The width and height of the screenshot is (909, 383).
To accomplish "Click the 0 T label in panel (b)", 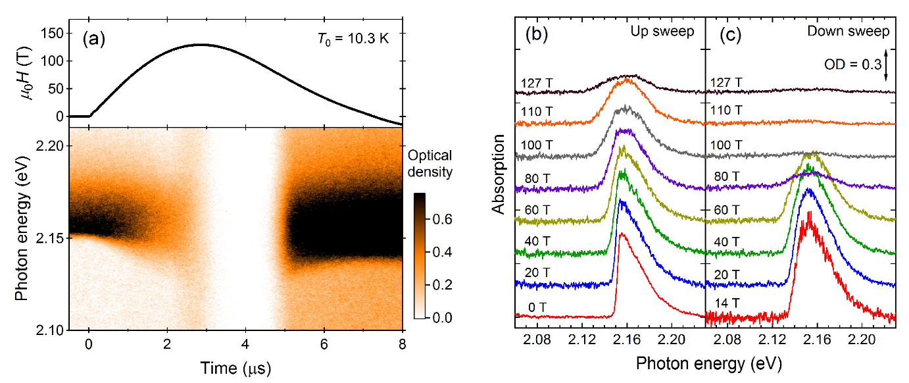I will coord(539,307).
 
